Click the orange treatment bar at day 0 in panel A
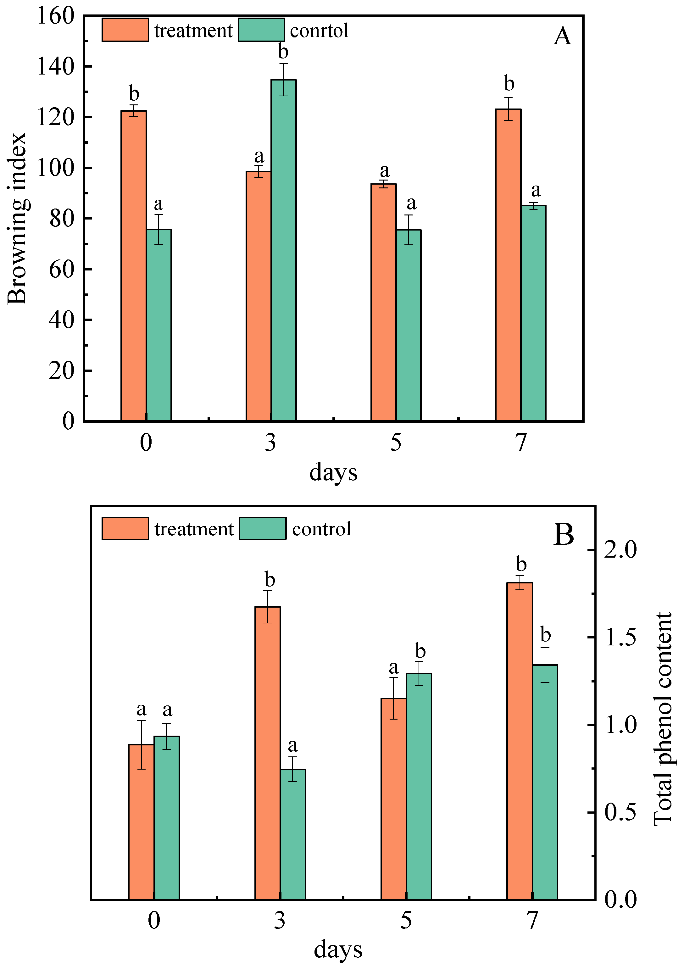[133, 266]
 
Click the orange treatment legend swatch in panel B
[125, 528]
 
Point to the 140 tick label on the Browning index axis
[55, 67]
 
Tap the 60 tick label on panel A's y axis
[62, 269]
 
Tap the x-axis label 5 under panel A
[395, 443]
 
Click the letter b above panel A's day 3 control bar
[283, 52]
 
